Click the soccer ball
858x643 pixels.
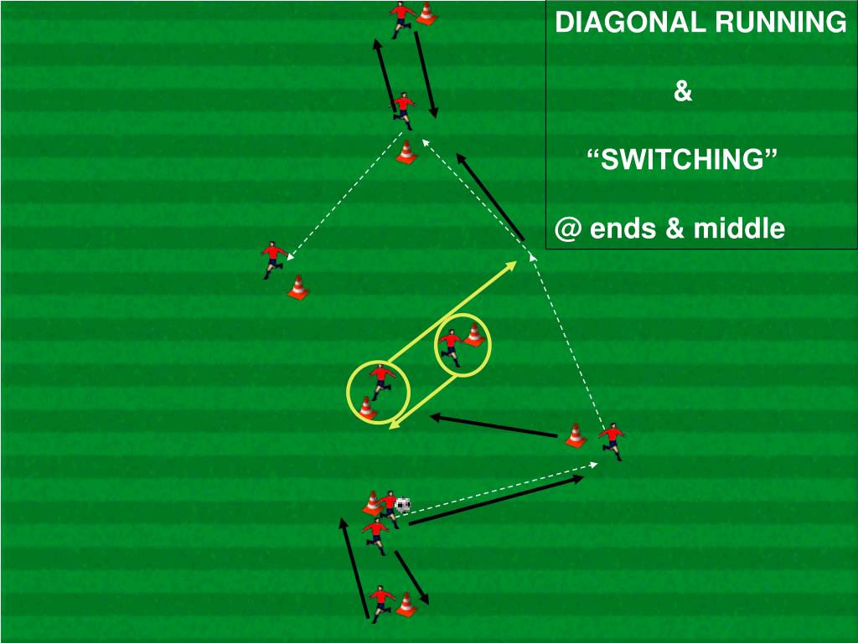[403, 505]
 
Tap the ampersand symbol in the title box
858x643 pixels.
[683, 91]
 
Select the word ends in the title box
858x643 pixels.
[625, 228]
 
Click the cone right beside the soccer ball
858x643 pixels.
[372, 503]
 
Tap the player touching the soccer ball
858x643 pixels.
[388, 506]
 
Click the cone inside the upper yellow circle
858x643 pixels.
[474, 335]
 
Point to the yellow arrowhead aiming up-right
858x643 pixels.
[513, 265]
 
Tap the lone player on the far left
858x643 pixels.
[273, 258]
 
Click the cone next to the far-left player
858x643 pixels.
[297, 287]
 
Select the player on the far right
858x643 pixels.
[612, 441]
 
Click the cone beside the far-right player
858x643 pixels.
[575, 435]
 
